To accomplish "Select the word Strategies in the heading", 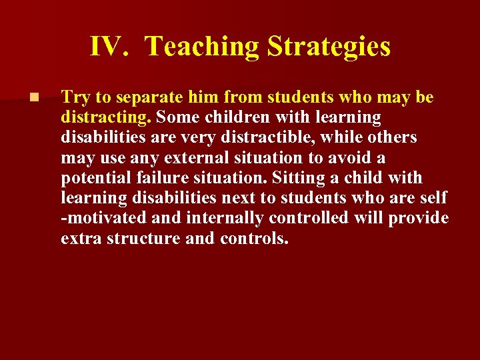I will (329, 47).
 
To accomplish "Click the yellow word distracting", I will (105, 118).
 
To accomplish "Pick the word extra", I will (77, 238).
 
